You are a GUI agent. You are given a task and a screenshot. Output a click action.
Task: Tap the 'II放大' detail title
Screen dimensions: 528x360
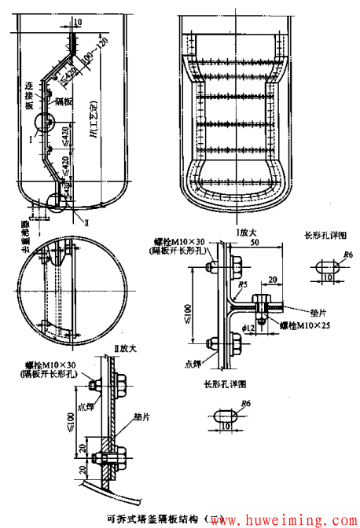coord(125,347)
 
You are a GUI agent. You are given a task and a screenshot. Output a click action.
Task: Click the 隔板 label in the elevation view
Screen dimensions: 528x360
coord(64,101)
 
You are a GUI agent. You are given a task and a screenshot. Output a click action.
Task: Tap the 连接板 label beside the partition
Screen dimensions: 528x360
coord(29,93)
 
